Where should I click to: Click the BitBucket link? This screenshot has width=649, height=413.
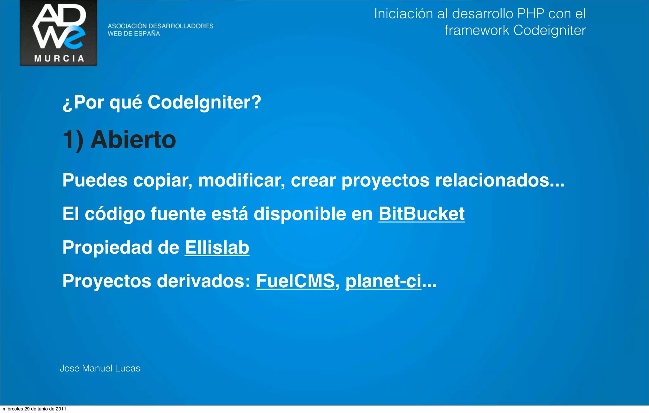coord(421,214)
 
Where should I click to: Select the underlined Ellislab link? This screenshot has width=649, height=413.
coord(217,247)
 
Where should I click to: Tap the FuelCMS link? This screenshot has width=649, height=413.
coord(295,281)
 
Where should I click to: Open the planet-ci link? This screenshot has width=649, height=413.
coord(383,281)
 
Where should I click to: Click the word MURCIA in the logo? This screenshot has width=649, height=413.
coord(59,59)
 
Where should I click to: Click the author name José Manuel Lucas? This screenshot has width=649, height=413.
coord(100,368)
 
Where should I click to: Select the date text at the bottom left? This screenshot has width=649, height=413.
coord(34,409)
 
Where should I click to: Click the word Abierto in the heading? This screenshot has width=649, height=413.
coord(133,140)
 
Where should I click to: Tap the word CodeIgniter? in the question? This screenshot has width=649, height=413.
coord(204,102)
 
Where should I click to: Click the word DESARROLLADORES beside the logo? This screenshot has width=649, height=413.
coord(181,26)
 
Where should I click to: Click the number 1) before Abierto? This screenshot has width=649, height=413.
coord(73,140)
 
